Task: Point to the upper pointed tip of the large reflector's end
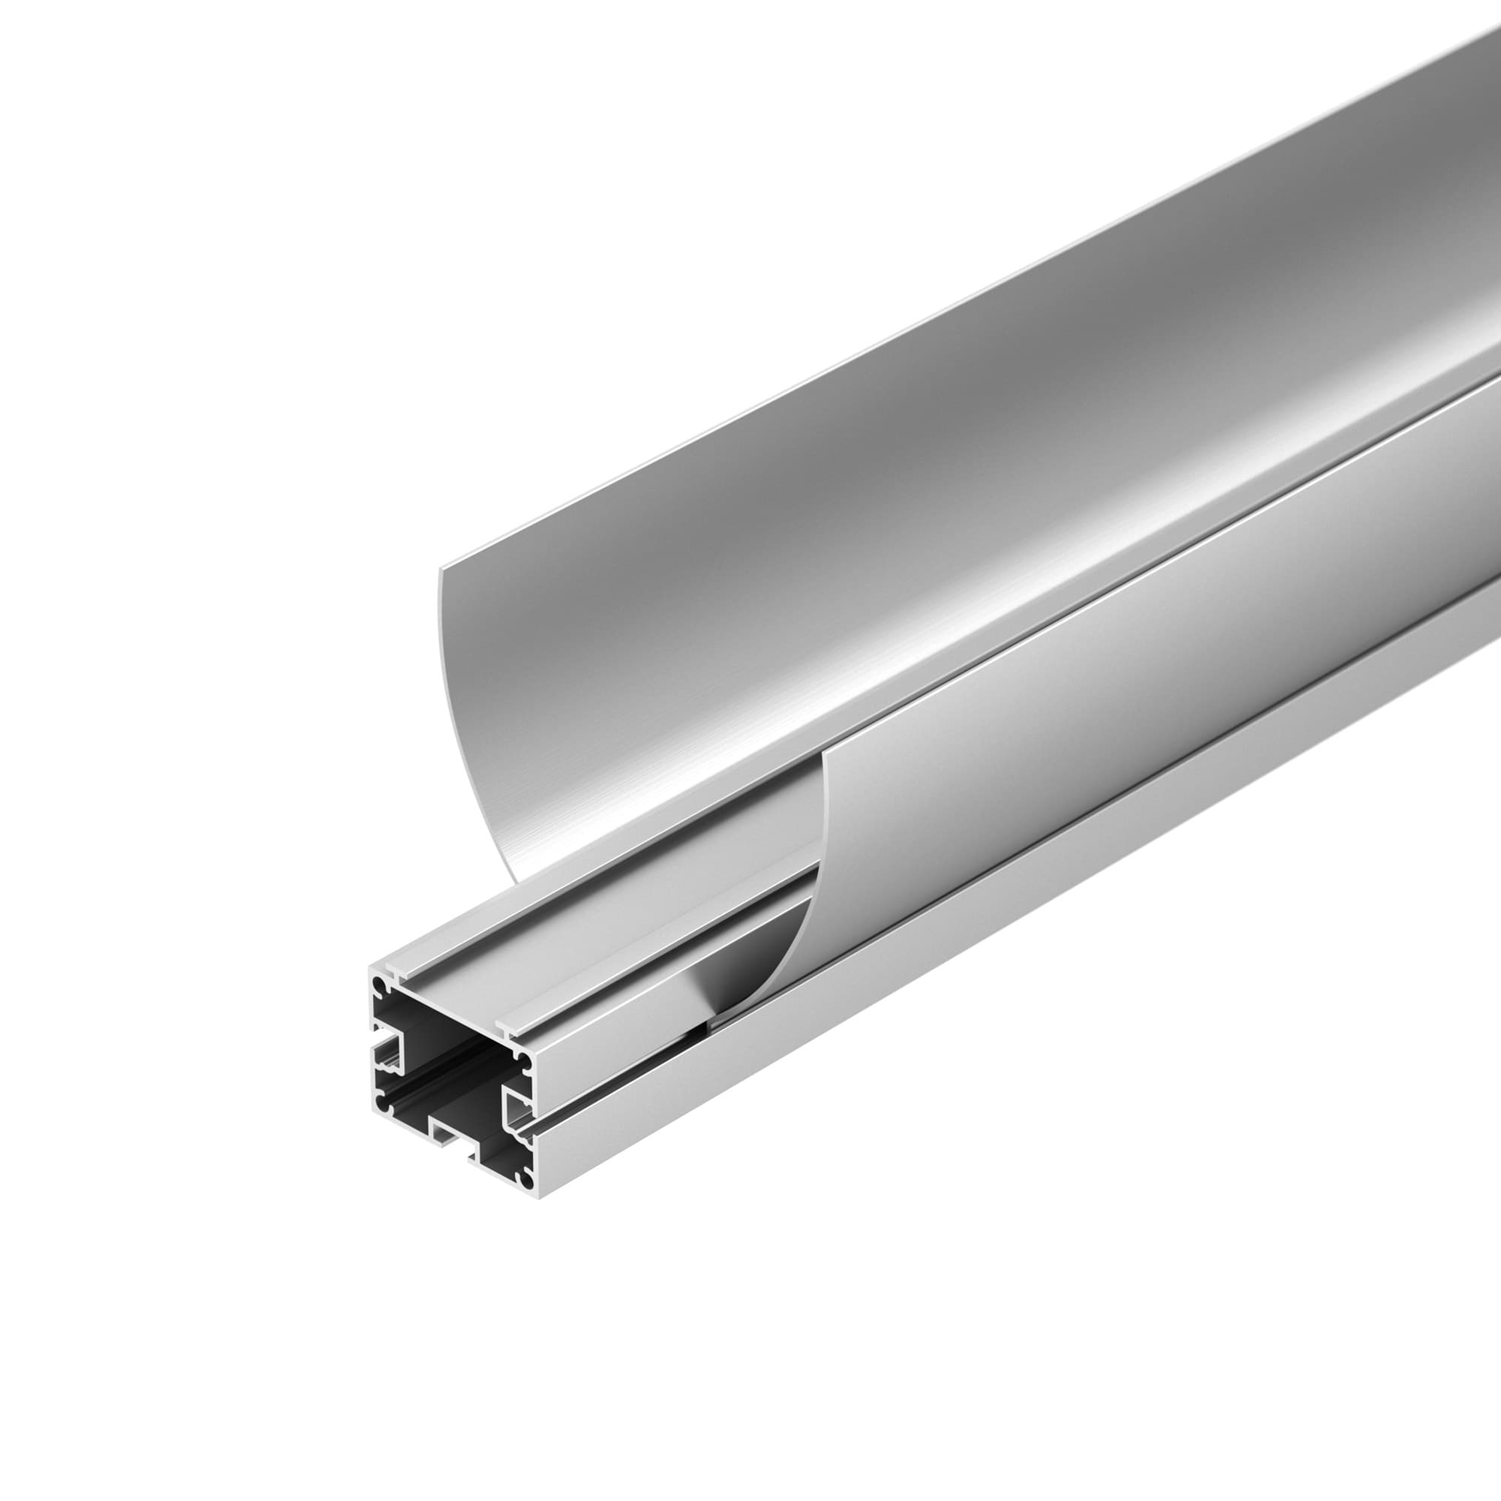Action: point(441,570)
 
